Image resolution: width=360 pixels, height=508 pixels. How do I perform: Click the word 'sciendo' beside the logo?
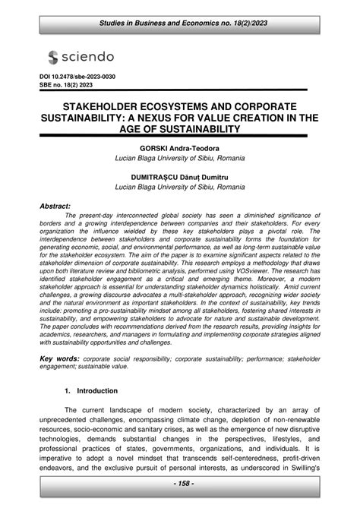point(87,57)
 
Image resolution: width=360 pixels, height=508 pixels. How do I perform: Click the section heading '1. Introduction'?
point(91,390)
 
